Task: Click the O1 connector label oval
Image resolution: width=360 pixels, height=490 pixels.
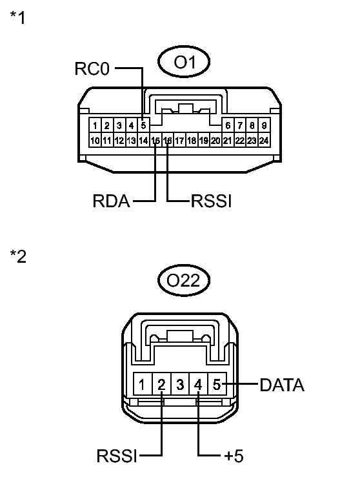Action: coord(184,61)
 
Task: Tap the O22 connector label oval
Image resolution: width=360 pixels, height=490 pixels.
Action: coord(184,280)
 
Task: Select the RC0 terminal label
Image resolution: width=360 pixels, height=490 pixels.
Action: coord(92,68)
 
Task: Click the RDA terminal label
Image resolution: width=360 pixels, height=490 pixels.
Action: coord(111,201)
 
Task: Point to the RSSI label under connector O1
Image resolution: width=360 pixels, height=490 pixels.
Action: coord(211,201)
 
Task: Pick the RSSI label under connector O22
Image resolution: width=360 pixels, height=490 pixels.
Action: coord(117,456)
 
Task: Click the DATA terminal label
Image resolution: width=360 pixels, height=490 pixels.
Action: coord(282,385)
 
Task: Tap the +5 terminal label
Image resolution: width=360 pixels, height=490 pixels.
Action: coord(234,456)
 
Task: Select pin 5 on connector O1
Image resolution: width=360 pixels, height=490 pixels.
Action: coord(143,125)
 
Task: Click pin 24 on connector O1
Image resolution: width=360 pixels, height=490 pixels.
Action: coord(264,140)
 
